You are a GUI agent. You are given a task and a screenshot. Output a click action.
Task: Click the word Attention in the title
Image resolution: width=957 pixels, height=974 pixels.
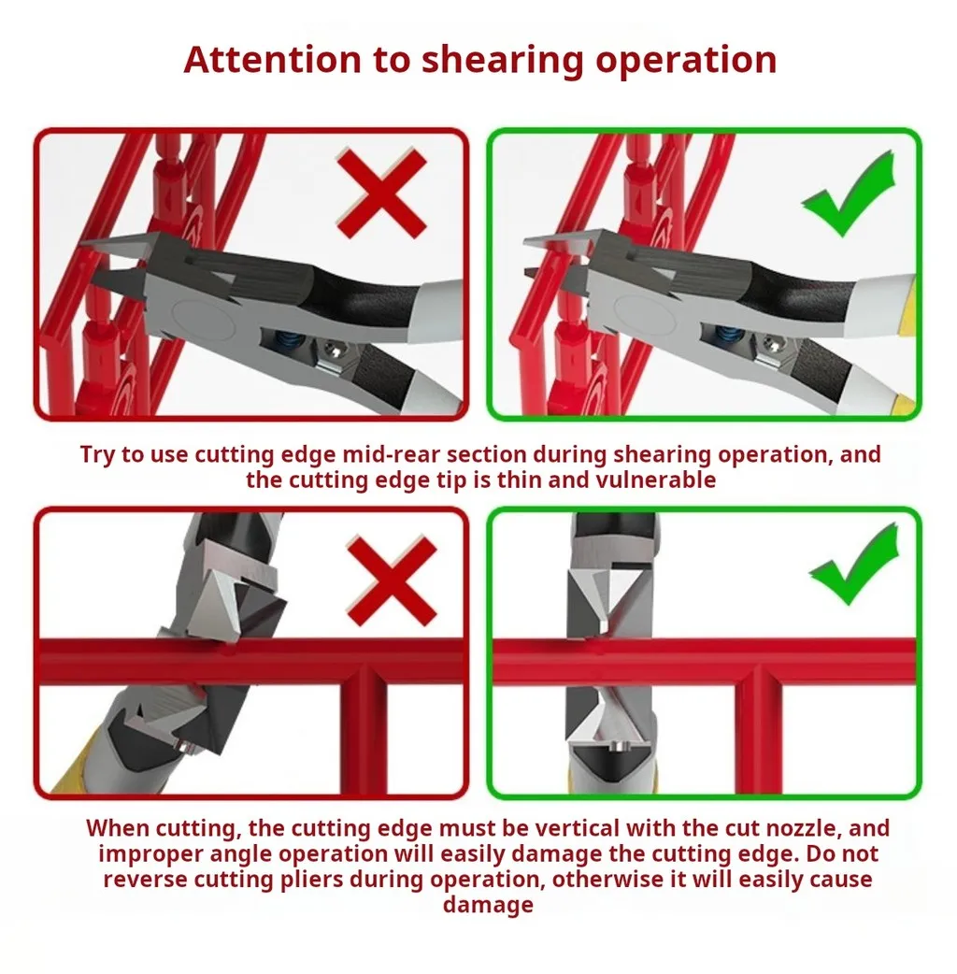(272, 60)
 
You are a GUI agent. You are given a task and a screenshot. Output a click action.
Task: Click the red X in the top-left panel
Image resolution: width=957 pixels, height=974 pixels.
(381, 193)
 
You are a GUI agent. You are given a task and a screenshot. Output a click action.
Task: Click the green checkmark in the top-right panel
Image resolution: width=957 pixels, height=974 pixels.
(850, 193)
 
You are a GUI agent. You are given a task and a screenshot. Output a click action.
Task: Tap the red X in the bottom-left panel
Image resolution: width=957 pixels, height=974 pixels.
(392, 580)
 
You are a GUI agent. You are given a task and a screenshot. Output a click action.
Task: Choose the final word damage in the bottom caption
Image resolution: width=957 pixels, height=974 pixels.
(488, 905)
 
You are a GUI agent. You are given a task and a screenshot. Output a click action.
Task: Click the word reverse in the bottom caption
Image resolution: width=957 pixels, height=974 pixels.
(145, 881)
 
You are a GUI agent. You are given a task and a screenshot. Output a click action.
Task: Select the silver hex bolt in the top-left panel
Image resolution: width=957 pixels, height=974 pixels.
(335, 351)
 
